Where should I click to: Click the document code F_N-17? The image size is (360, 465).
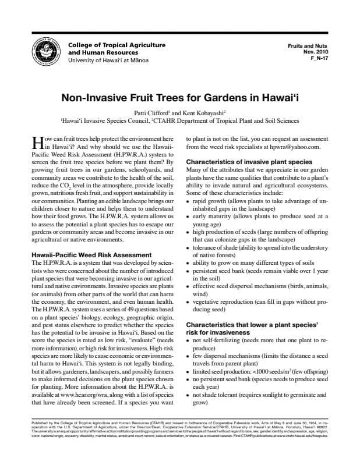tap(317, 59)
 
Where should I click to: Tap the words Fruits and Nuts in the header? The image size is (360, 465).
tap(309, 45)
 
